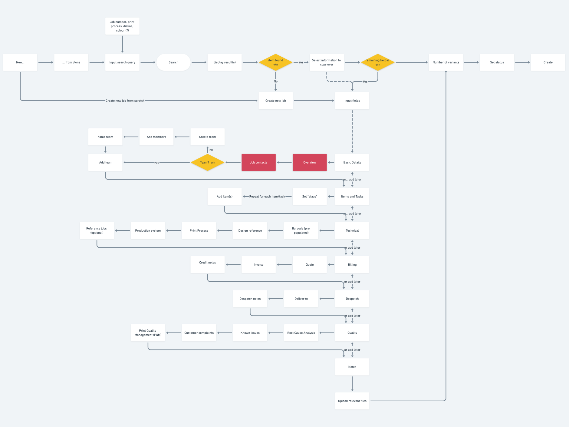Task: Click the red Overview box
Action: point(309,162)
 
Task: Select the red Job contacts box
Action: point(258,162)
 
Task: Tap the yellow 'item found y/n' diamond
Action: point(275,62)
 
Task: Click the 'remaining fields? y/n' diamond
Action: point(377,62)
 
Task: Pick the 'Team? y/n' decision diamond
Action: point(207,162)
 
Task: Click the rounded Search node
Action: point(173,62)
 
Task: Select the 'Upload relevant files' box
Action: point(352,401)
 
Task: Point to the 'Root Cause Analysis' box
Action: point(301,333)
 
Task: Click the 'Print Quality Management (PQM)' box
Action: point(148,333)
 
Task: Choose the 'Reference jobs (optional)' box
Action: point(97,230)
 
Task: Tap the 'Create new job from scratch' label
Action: point(125,101)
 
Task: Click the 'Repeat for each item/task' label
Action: point(267,197)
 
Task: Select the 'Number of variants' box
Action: point(446,62)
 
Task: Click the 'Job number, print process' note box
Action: point(122,26)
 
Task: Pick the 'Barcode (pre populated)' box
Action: point(301,230)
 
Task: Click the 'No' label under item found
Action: point(275,81)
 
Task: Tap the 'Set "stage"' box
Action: point(309,197)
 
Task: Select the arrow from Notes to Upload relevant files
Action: point(352,384)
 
